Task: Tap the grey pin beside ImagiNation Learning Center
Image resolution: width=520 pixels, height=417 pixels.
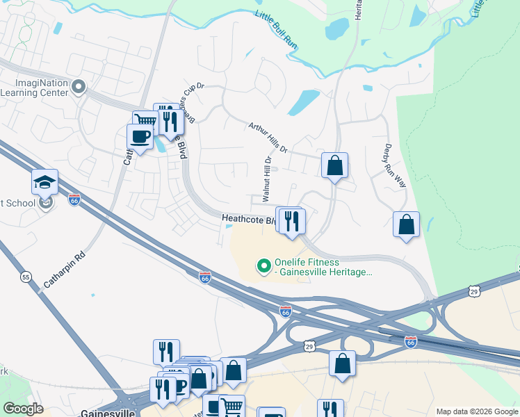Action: pyautogui.click(x=79, y=87)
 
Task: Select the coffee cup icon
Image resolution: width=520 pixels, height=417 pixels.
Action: pyautogui.click(x=140, y=136)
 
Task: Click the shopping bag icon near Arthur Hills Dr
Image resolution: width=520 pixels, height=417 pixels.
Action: pyautogui.click(x=334, y=165)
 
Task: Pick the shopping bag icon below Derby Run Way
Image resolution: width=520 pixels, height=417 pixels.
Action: pyautogui.click(x=406, y=224)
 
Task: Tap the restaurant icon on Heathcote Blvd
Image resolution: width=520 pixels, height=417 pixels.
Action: pyautogui.click(x=292, y=221)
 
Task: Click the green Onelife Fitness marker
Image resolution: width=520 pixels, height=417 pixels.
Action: pyautogui.click(x=263, y=266)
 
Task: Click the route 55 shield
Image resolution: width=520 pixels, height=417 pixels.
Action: pyautogui.click(x=26, y=277)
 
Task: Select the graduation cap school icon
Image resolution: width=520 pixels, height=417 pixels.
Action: pyautogui.click(x=44, y=182)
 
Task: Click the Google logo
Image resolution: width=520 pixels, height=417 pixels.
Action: pyautogui.click(x=23, y=409)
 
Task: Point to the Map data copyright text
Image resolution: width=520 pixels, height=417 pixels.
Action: pyautogui.click(x=476, y=411)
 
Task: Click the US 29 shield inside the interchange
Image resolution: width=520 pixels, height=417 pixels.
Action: pyautogui.click(x=309, y=345)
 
